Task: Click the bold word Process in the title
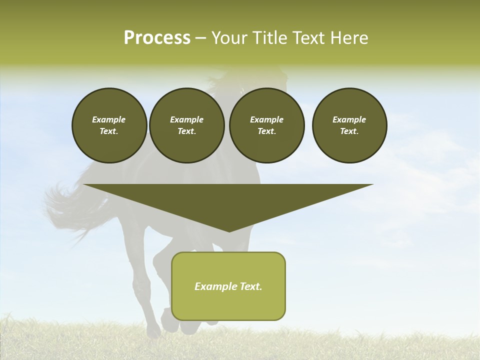(x=157, y=38)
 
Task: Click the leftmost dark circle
(x=109, y=125)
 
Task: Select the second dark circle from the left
(x=187, y=125)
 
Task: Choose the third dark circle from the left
(x=267, y=125)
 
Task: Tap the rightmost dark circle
(x=349, y=125)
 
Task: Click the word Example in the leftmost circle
(x=109, y=119)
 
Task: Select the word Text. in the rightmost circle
(x=349, y=131)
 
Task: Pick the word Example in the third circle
(x=267, y=119)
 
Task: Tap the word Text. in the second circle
(x=187, y=131)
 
